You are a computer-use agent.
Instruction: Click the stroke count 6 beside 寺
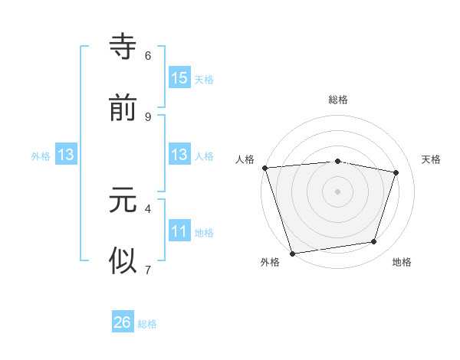[148, 55]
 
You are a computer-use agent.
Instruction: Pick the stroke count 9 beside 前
[148, 116]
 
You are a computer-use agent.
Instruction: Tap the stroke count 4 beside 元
[148, 208]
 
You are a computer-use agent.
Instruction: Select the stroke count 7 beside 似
[148, 269]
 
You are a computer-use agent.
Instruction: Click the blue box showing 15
[179, 78]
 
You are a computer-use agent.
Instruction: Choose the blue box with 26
[123, 322]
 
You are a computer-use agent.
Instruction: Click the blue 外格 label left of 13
[41, 155]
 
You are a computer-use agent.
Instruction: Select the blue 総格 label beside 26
[147, 324]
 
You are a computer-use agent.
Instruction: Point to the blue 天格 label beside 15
[204, 80]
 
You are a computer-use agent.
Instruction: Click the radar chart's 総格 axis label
[337, 100]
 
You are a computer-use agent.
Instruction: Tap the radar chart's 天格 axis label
[432, 159]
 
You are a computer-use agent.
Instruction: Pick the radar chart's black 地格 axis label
[402, 262]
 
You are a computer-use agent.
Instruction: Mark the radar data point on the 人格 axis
[264, 168]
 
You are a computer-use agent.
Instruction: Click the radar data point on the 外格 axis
[292, 253]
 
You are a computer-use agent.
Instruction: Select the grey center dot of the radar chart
[337, 191]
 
